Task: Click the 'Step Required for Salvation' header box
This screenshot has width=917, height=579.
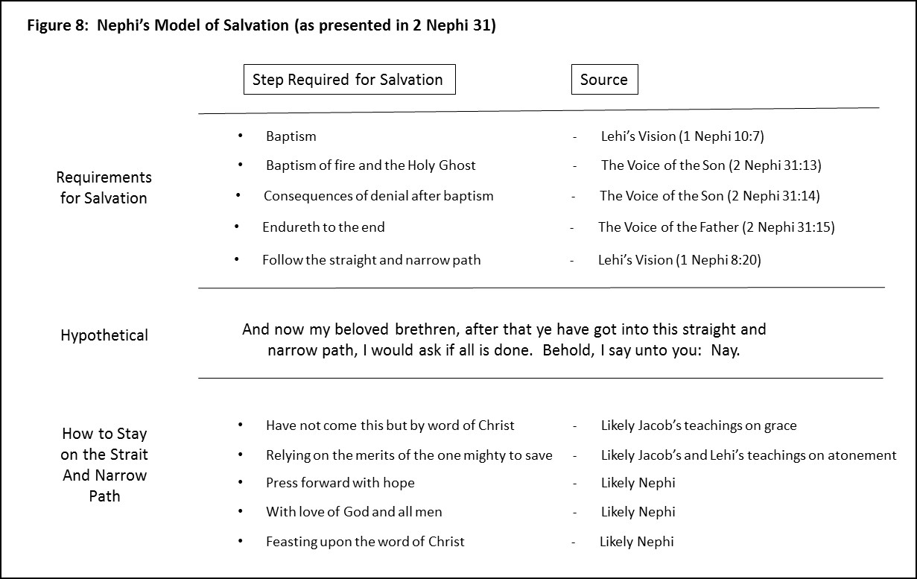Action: (349, 80)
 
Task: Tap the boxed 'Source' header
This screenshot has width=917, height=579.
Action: (604, 80)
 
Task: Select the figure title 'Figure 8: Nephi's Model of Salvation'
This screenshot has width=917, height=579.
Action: (261, 25)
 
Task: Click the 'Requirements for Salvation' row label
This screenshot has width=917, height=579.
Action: (104, 188)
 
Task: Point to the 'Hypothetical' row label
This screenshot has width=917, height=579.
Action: (104, 335)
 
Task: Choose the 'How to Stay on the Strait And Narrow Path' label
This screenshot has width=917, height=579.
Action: (104, 464)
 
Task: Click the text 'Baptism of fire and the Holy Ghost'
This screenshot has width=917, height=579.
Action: (370, 165)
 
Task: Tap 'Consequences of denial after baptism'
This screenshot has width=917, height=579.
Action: (378, 196)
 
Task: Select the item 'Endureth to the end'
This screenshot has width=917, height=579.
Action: (323, 227)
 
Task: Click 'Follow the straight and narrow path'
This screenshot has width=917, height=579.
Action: (371, 260)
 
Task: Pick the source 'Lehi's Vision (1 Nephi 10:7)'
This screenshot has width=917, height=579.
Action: (682, 136)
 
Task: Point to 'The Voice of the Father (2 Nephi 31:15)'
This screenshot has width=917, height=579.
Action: (716, 227)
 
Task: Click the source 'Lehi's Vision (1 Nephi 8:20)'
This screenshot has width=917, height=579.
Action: (679, 260)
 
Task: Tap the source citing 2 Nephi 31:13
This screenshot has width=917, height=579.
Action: (711, 165)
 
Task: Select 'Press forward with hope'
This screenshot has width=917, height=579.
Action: (340, 483)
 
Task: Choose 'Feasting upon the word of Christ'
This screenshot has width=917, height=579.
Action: (365, 542)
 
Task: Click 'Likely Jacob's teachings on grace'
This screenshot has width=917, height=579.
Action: (698, 426)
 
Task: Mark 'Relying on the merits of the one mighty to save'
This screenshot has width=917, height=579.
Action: (409, 455)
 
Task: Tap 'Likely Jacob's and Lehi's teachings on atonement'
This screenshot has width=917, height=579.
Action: (748, 455)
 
